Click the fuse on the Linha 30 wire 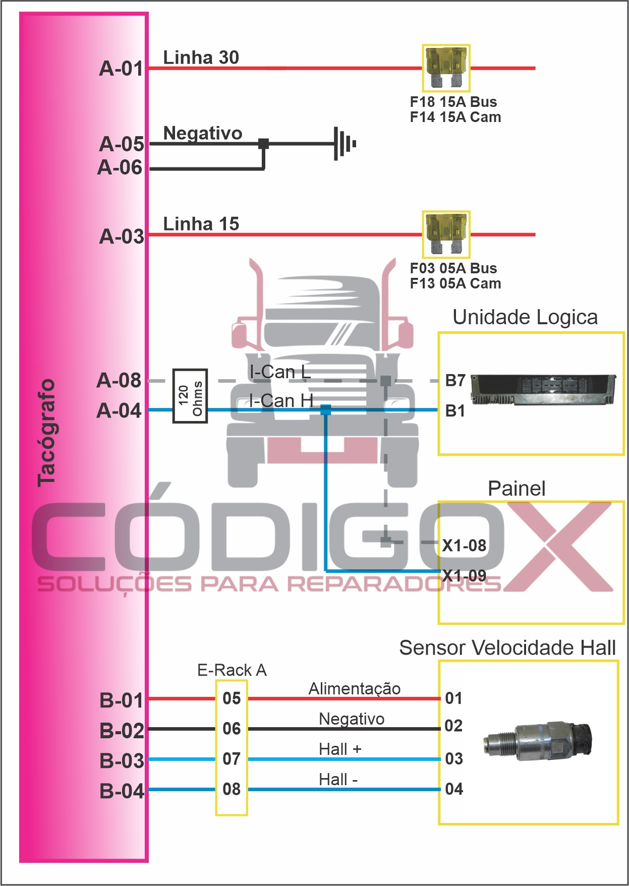pyautogui.click(x=446, y=68)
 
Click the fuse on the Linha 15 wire pyautogui.click(x=446, y=234)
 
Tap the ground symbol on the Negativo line pyautogui.click(x=345, y=144)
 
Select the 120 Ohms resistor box pyautogui.click(x=190, y=396)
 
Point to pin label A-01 pyautogui.click(x=122, y=69)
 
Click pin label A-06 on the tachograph pyautogui.click(x=120, y=167)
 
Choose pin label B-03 pyautogui.click(x=122, y=761)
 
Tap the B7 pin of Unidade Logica pyautogui.click(x=455, y=380)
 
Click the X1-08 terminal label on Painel pyautogui.click(x=464, y=546)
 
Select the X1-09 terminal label pyautogui.click(x=464, y=575)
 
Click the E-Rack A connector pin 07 pyautogui.click(x=232, y=759)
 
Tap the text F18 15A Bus pyautogui.click(x=453, y=102)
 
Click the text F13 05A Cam pyautogui.click(x=455, y=283)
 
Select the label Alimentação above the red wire pyautogui.click(x=355, y=688)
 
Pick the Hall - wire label pyautogui.click(x=338, y=780)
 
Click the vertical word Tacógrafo pyautogui.click(x=46, y=433)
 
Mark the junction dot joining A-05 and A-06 pyautogui.click(x=263, y=144)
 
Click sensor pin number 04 pyautogui.click(x=454, y=789)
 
